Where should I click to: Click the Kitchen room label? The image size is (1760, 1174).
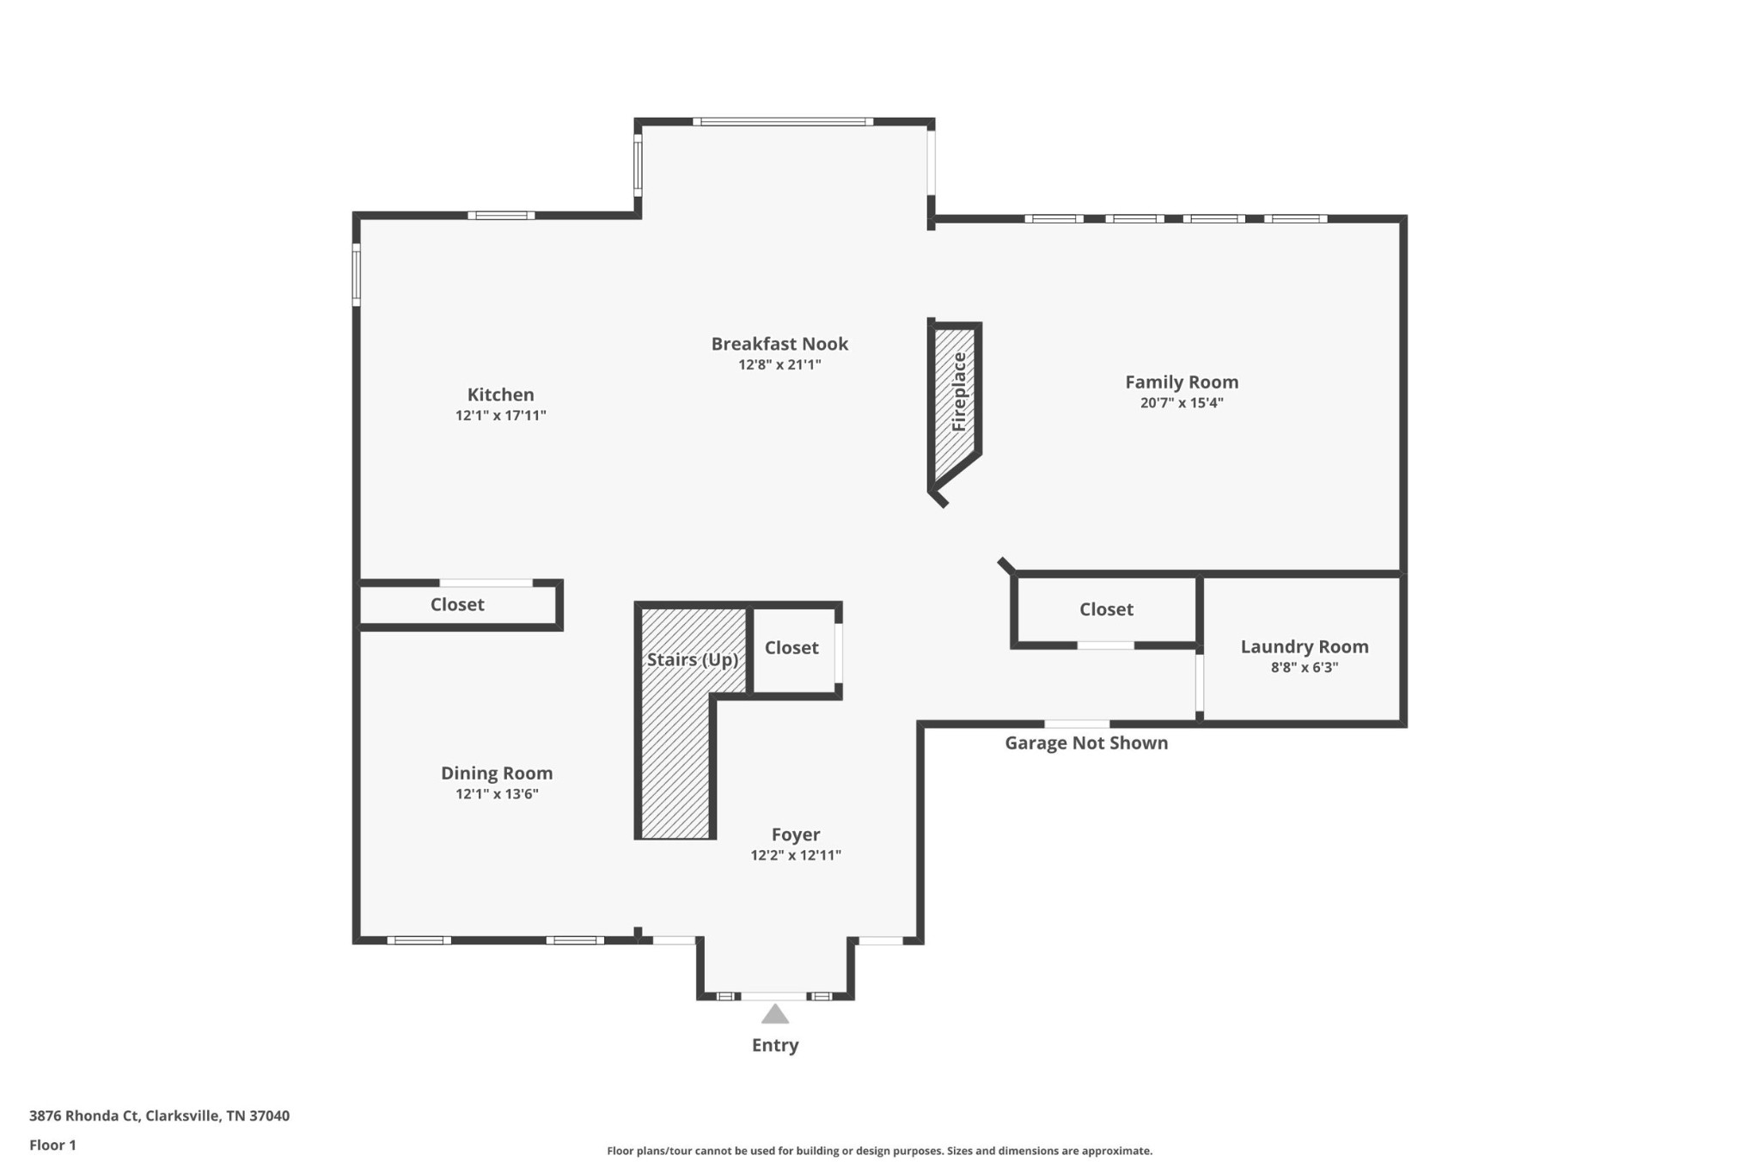pos(500,394)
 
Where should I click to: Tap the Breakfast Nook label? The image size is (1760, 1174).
pos(779,344)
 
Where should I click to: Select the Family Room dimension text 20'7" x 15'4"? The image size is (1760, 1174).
pos(1182,402)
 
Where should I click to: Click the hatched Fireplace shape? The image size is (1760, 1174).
pos(955,404)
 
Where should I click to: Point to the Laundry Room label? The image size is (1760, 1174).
pos(1305,646)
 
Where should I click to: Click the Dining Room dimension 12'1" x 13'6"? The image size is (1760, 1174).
pos(497,793)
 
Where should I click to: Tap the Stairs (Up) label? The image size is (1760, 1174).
pos(693,659)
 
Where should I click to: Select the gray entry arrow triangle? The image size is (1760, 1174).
pos(775,1014)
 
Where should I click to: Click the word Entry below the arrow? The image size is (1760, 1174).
pos(775,1045)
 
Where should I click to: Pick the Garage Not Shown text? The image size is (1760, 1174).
pos(1086,743)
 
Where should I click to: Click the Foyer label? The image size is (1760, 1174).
pos(796,835)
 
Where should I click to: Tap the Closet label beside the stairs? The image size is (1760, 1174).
pos(791,647)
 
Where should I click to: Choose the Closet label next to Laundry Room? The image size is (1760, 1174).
pos(1106,609)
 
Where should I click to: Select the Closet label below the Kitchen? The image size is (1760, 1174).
pos(457,604)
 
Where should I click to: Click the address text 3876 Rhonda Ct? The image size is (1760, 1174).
pos(83,1116)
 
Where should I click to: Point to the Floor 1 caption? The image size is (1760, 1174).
pos(52,1145)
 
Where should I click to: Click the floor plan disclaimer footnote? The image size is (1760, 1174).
pos(879,1151)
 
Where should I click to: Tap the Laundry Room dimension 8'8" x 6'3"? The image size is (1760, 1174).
pos(1305,667)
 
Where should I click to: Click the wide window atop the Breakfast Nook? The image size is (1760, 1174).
pos(783,122)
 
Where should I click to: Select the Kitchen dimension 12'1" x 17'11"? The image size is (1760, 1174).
pos(500,415)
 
